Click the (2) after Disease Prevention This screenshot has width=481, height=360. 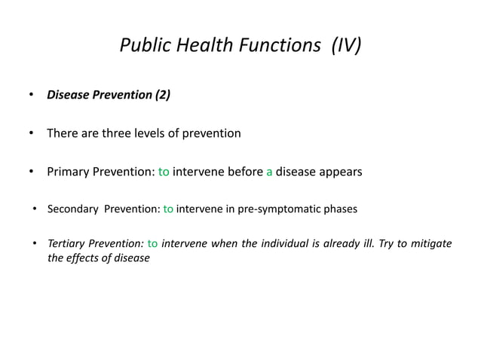(x=162, y=95)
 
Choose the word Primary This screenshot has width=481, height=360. (x=70, y=172)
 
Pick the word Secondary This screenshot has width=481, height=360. (x=72, y=209)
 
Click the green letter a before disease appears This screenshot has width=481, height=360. (x=269, y=172)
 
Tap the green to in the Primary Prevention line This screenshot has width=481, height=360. (x=164, y=172)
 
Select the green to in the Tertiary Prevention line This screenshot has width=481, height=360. (x=152, y=244)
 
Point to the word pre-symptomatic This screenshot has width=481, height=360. (x=276, y=209)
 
